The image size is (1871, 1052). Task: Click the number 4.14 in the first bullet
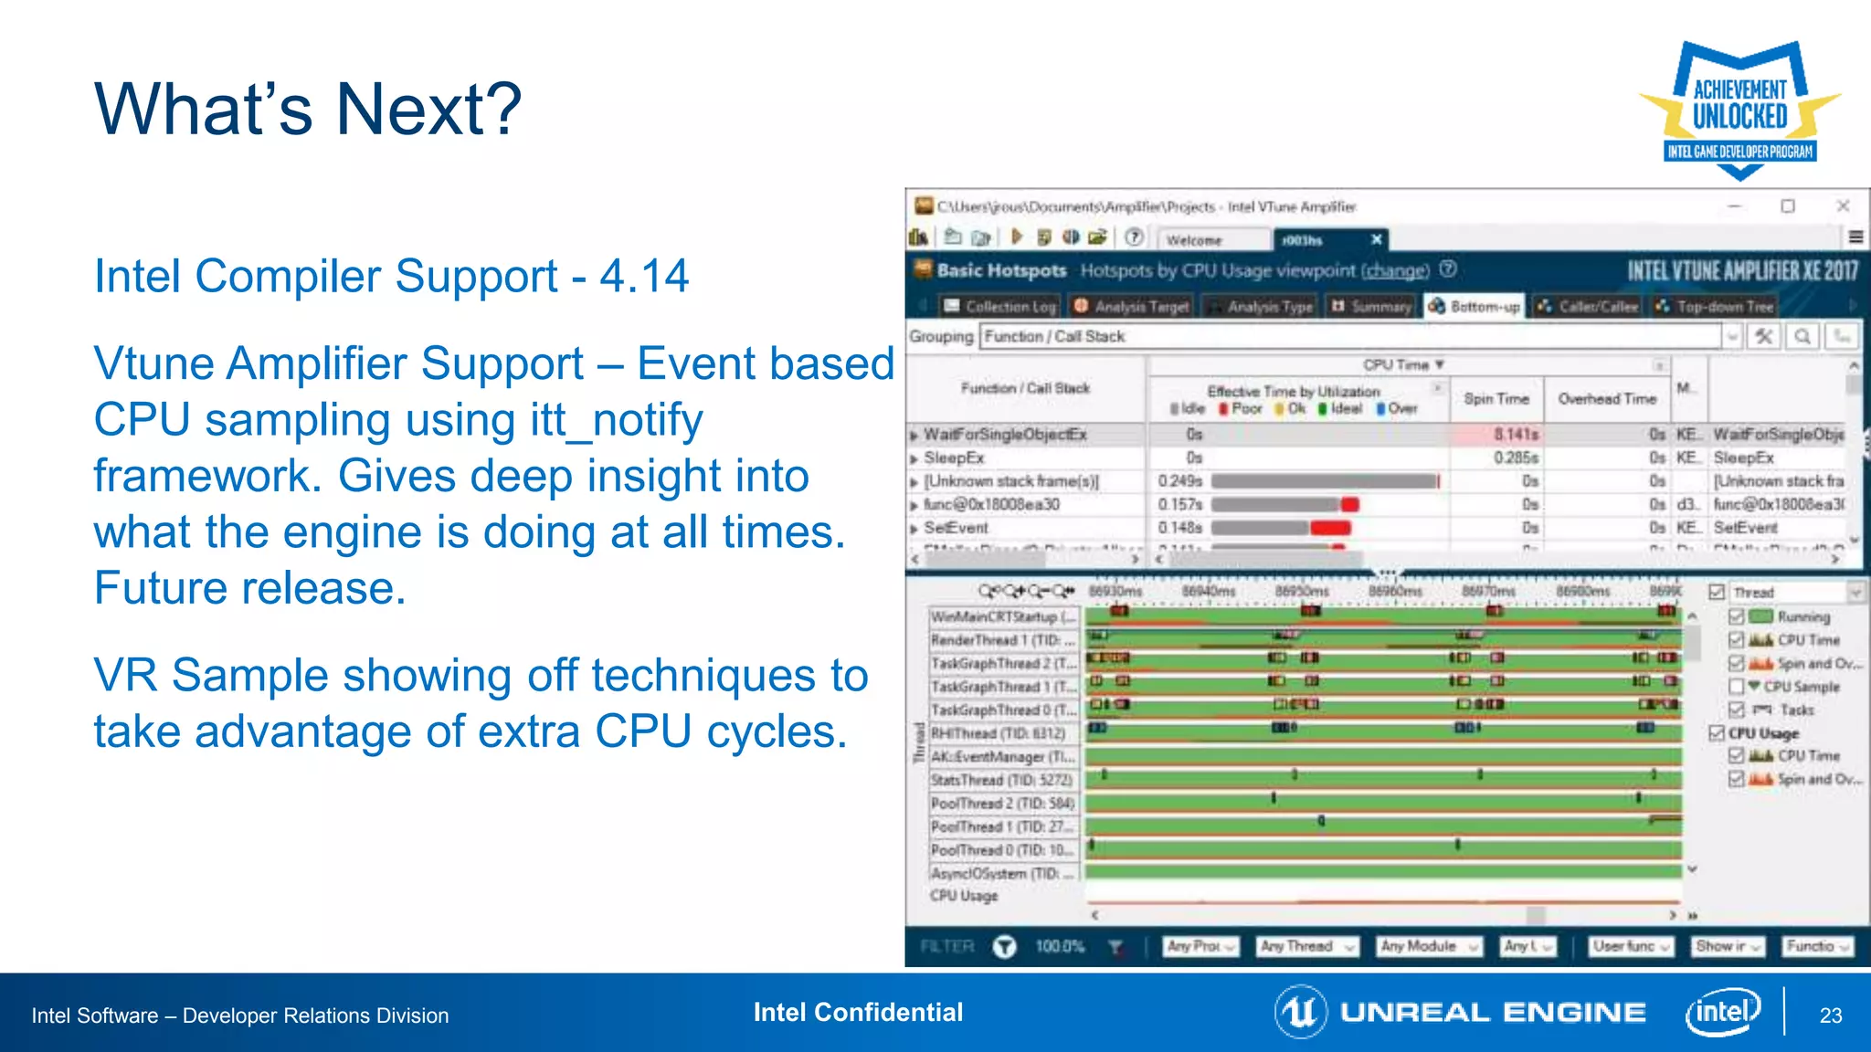(x=644, y=276)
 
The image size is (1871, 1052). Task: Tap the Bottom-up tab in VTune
(x=1475, y=307)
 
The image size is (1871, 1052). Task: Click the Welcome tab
(x=1194, y=240)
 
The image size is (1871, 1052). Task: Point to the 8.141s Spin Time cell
(x=1516, y=435)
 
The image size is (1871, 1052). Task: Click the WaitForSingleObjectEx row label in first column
(x=1005, y=435)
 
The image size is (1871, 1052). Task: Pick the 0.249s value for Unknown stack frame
(x=1180, y=481)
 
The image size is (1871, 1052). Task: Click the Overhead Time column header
(x=1607, y=399)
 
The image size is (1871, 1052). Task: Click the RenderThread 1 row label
(x=1002, y=640)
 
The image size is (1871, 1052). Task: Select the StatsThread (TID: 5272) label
(x=1002, y=780)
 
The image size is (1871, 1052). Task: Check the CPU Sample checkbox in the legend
(x=1737, y=687)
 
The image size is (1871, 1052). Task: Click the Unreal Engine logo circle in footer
(x=1300, y=1012)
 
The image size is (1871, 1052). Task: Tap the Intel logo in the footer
(x=1723, y=1012)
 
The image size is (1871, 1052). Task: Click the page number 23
(x=1830, y=1015)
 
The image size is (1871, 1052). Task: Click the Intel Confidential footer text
(x=858, y=1012)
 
